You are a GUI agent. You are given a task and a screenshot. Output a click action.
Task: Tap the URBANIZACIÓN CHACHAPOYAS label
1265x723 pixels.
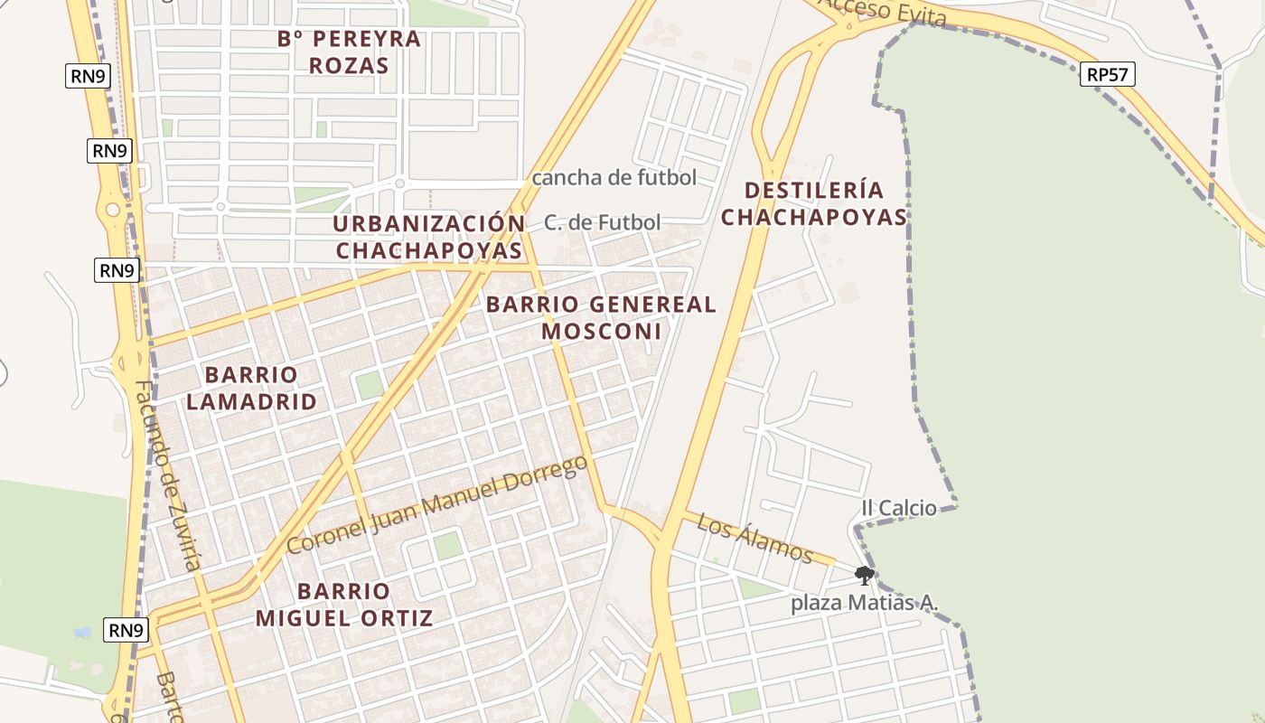pos(428,237)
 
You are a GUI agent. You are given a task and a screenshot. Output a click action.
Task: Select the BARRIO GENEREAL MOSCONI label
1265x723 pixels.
pos(601,317)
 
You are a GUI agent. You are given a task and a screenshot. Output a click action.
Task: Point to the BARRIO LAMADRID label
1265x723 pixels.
pos(251,388)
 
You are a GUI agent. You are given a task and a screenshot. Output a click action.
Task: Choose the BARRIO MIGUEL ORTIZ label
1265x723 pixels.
pos(343,605)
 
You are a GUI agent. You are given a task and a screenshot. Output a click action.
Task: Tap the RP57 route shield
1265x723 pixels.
pos(1107,75)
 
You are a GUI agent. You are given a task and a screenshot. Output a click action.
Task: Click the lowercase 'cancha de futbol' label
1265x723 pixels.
pos(614,177)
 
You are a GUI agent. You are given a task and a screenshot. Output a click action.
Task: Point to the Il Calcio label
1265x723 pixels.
pos(898,508)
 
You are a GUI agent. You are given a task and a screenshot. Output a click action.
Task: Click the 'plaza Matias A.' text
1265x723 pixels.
pos(865,603)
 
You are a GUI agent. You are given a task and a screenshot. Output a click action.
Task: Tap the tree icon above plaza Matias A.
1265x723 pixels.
pos(864,575)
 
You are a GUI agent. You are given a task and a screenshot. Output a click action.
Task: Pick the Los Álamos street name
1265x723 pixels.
pos(755,538)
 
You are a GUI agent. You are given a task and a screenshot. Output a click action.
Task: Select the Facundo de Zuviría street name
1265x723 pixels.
pos(168,474)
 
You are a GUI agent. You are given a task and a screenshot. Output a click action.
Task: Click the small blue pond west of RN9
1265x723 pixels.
pos(82,632)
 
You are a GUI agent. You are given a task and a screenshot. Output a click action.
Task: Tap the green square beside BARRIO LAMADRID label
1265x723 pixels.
pos(369,385)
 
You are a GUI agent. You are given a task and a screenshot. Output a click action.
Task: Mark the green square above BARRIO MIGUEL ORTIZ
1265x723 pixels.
pos(446,545)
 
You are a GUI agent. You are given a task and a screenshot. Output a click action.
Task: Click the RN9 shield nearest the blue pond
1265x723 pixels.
pos(126,630)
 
